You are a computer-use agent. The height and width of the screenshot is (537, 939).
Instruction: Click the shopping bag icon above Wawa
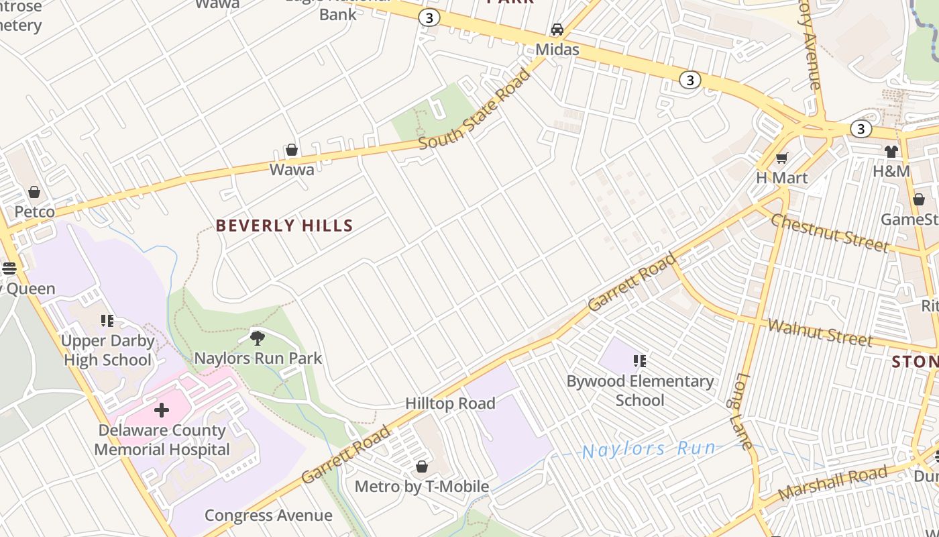(x=292, y=150)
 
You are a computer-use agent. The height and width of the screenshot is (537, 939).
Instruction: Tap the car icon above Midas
(x=557, y=30)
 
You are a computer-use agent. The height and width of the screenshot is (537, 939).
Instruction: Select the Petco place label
(x=35, y=212)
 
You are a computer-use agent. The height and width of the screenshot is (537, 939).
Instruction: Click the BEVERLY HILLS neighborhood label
(x=284, y=226)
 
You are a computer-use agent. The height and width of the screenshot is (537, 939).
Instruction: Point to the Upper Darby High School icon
(x=107, y=321)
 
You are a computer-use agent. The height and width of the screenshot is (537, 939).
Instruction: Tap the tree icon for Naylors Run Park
(x=257, y=338)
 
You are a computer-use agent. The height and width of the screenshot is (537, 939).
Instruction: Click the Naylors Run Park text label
(x=258, y=358)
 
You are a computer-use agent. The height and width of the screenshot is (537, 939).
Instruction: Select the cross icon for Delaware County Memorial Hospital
(x=162, y=410)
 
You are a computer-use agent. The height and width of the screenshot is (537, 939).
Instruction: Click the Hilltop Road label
(x=450, y=403)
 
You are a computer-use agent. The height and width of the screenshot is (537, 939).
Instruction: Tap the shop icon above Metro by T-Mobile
(x=422, y=466)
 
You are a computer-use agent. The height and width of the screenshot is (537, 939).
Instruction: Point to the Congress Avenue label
(x=268, y=516)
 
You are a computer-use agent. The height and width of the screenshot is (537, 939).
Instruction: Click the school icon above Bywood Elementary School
(x=640, y=361)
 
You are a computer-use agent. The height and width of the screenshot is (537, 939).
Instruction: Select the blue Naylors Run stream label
(x=649, y=449)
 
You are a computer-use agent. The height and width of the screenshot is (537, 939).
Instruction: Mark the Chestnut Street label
(x=830, y=233)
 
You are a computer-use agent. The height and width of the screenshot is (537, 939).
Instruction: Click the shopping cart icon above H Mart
(x=781, y=158)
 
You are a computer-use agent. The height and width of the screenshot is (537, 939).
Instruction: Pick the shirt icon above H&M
(x=891, y=152)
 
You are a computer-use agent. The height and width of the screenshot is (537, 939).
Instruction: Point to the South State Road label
(x=475, y=109)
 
